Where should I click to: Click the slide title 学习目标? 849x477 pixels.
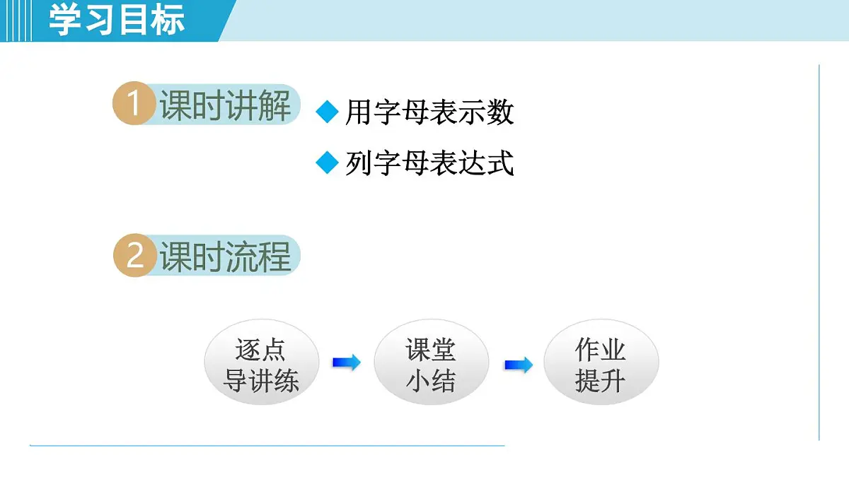coord(117,20)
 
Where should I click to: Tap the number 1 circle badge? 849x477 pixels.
coord(133,105)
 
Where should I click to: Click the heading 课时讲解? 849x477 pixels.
coord(225,107)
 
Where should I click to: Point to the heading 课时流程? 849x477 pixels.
coord(225,257)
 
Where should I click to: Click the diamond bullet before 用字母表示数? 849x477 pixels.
coord(327,112)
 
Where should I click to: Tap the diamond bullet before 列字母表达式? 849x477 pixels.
coord(327,163)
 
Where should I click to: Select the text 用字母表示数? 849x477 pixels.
coord(429,112)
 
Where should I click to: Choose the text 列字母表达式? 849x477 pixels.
coord(429,163)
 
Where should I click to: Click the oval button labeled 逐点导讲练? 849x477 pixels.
coord(261,365)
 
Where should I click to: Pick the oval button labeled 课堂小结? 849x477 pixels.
coord(431,365)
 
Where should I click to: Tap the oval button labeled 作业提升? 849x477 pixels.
coord(601,365)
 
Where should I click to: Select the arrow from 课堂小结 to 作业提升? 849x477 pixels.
coord(518,365)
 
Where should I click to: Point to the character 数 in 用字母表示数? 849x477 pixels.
coord(500,112)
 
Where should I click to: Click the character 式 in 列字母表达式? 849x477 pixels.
coord(500,163)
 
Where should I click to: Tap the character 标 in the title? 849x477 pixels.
coord(168,20)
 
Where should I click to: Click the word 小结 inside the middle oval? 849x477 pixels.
coord(431,382)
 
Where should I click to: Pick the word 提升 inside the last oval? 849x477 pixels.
coord(601,382)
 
